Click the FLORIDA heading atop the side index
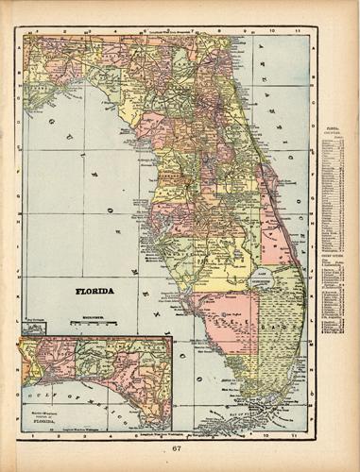pyautogui.click(x=330, y=123)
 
